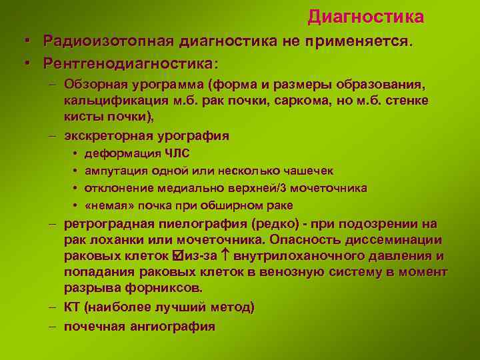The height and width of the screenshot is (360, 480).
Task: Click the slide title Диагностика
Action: pyautogui.click(x=365, y=16)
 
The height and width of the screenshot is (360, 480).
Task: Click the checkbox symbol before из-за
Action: pyautogui.click(x=176, y=256)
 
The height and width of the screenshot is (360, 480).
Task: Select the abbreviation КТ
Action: pyautogui.click(x=72, y=307)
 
